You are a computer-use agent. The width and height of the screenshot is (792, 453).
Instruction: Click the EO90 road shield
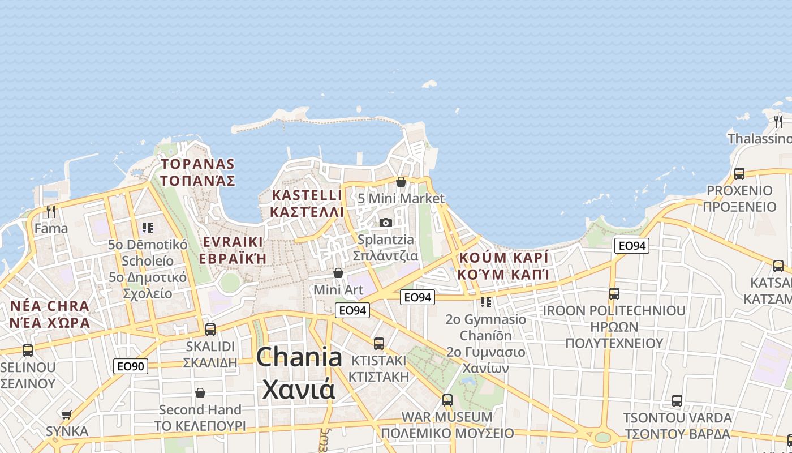(x=131, y=366)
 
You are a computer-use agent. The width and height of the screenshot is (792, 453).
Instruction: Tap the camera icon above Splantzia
(x=386, y=223)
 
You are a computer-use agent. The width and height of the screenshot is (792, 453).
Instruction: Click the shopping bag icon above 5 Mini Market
(x=401, y=182)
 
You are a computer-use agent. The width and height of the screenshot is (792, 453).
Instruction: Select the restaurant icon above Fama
(x=51, y=212)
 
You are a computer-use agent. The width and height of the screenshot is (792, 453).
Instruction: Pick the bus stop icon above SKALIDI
(x=210, y=329)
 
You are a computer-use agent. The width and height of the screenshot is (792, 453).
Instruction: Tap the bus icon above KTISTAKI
(x=379, y=343)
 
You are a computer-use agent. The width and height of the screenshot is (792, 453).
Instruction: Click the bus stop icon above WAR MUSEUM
(x=447, y=400)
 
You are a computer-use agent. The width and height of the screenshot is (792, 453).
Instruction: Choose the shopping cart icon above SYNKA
(x=67, y=414)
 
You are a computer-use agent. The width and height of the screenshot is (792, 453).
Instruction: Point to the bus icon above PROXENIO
(x=739, y=174)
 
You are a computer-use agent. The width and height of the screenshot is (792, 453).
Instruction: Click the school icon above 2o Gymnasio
(x=485, y=302)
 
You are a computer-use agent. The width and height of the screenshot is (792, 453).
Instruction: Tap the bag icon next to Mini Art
(x=338, y=273)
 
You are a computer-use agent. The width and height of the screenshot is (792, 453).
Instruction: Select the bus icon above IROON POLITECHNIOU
(x=614, y=294)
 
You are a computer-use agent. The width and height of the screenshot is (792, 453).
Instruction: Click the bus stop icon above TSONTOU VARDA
(x=677, y=401)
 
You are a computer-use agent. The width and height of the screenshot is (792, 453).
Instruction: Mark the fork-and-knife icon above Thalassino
(x=778, y=121)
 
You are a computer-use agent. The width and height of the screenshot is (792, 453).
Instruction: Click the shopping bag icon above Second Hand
(x=200, y=392)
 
